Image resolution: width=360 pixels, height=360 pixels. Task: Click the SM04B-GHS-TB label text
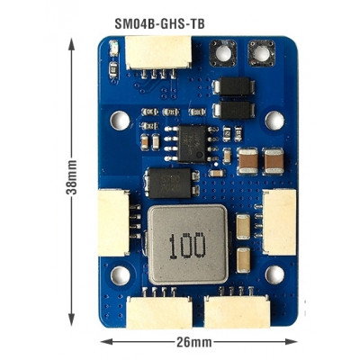point(159,23)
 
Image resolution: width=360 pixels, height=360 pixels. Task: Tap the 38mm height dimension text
point(71,177)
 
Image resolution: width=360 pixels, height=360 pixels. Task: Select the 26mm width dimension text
point(194,342)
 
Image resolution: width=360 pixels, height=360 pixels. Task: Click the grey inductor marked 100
point(188,245)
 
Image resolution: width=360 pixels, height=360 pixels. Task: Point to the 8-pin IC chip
point(192,144)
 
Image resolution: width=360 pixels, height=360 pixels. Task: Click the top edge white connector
point(158,53)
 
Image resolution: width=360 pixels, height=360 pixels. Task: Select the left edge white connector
point(113,222)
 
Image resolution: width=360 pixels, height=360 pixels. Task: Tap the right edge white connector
point(280,222)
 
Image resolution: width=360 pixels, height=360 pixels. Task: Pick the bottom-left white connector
point(159,312)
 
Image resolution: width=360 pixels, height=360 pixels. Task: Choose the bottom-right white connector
point(237,312)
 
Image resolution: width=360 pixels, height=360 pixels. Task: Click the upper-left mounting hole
point(120,121)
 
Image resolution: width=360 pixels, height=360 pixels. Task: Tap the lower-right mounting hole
point(274,274)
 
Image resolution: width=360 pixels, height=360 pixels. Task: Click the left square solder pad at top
point(223,53)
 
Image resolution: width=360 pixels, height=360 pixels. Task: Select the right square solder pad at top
point(262,53)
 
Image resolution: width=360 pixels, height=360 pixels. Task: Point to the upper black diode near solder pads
point(234,86)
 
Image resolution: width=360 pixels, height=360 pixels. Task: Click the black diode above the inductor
point(170,184)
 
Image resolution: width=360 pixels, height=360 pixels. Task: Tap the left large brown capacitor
point(247,161)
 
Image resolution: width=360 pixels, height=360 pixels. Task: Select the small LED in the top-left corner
point(113,49)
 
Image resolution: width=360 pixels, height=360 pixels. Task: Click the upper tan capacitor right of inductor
point(243,227)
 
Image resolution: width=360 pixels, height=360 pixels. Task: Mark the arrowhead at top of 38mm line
point(71,44)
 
